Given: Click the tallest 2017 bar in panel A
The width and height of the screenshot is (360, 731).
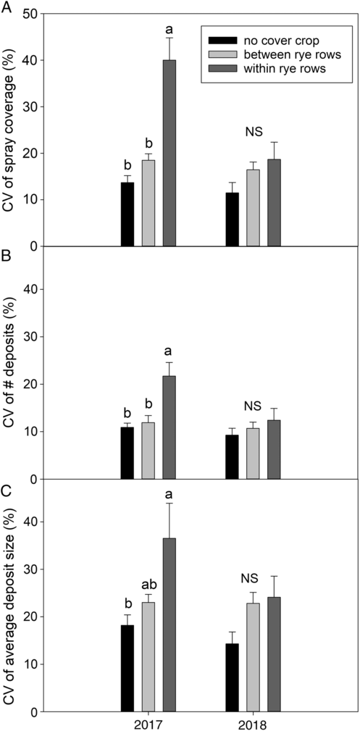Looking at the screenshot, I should pyautogui.click(x=169, y=153).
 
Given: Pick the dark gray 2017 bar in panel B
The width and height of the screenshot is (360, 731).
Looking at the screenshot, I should pyautogui.click(x=169, y=427).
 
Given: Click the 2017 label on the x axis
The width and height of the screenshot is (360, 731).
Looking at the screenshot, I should pyautogui.click(x=148, y=723).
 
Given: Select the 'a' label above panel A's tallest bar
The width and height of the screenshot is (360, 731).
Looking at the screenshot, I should pyautogui.click(x=169, y=29).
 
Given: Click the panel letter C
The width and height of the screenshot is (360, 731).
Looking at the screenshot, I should pyautogui.click(x=6, y=493).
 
